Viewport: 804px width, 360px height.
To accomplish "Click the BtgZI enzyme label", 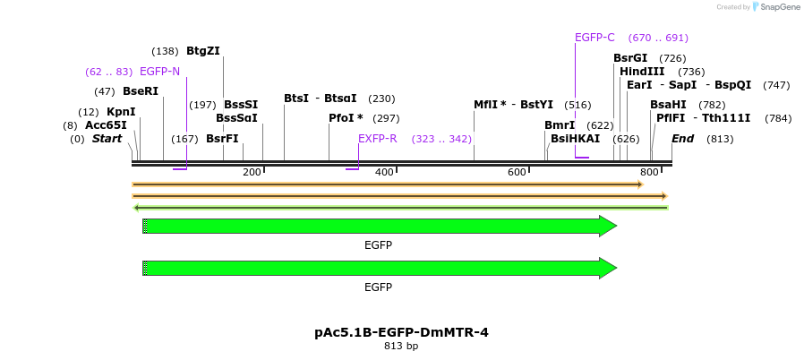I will point(202,51).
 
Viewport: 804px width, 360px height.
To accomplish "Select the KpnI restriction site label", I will point(121,112).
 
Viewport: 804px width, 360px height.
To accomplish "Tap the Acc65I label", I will point(106,125).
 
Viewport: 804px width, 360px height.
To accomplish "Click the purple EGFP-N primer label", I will point(159,72).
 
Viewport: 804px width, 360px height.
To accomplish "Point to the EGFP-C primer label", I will point(594,38).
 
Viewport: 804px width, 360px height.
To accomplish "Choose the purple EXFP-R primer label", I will point(377,139).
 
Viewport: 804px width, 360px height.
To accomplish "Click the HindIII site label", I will point(642,72).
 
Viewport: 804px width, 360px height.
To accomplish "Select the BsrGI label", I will point(630,58).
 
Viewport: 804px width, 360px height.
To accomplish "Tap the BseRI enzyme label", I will point(141,91).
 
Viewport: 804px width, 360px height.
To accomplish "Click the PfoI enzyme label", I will point(346,118).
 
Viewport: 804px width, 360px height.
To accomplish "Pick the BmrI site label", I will point(560,125).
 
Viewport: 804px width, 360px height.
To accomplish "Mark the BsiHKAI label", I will point(575,139).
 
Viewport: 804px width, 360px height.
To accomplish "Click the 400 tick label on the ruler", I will point(384,172).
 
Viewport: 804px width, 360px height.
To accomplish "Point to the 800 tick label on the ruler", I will point(649,172).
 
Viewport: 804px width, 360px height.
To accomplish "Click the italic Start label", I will point(107,139).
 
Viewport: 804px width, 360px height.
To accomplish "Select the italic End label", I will point(682,139).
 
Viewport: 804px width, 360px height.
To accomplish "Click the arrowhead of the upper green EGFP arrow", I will point(608,226).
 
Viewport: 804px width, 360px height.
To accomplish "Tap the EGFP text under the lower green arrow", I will point(378,287).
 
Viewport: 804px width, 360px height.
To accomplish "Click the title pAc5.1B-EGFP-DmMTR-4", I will point(401,332).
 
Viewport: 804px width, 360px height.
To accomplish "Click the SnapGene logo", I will point(775,7).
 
